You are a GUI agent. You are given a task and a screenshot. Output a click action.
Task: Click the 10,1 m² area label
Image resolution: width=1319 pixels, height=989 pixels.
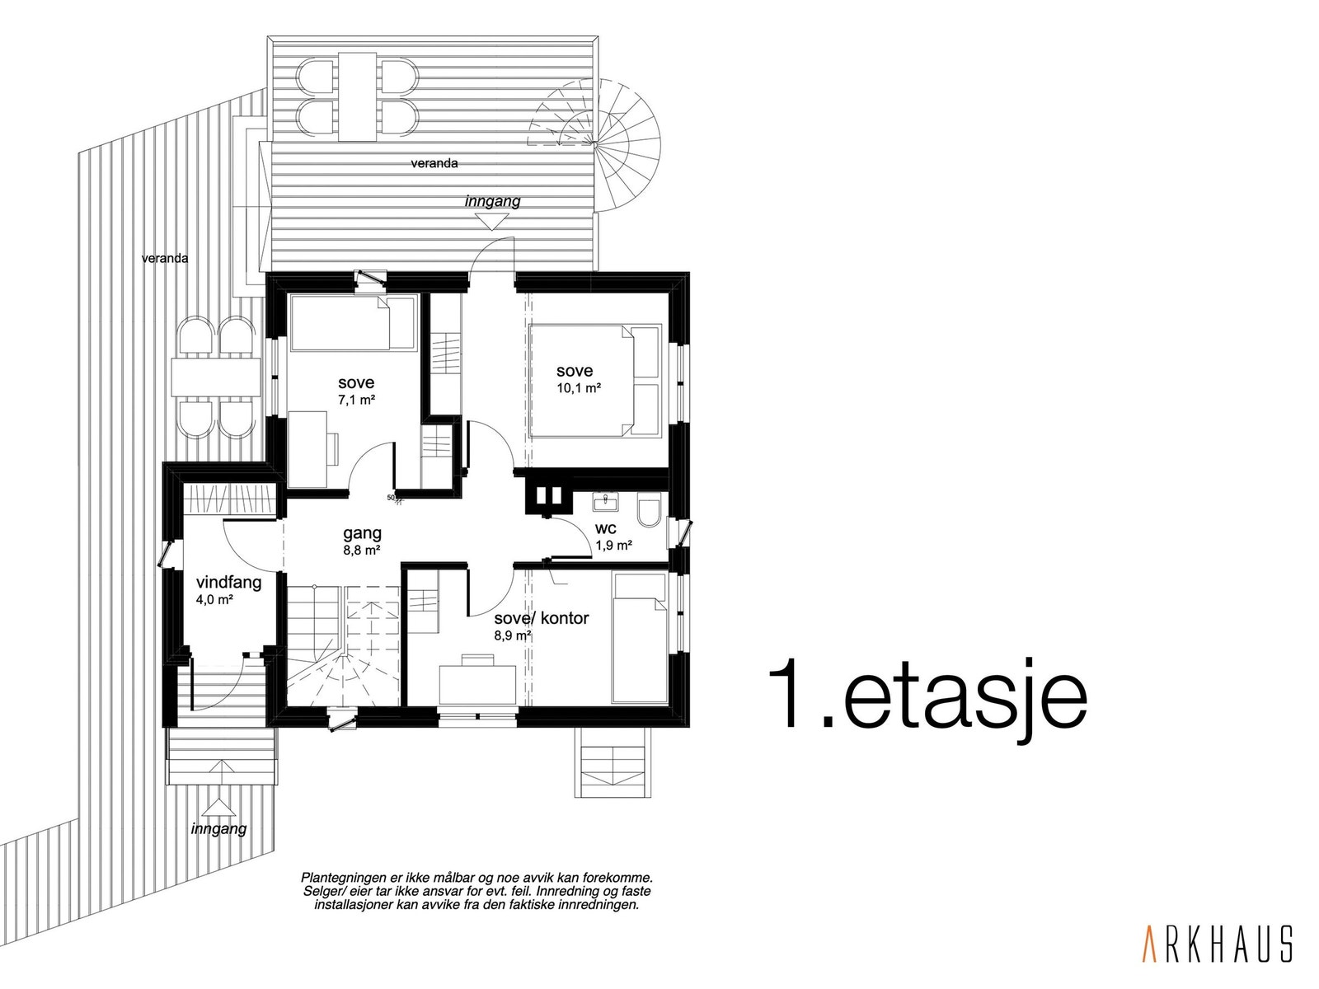578,388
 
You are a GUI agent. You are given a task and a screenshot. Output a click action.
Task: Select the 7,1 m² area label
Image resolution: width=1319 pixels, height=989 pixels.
356,400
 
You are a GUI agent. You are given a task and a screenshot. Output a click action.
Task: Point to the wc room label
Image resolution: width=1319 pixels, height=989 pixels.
606,528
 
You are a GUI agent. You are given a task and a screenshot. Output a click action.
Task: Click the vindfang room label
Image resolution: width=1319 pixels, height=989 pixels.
228,583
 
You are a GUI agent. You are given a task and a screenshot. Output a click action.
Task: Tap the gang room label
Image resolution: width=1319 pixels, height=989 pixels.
363,533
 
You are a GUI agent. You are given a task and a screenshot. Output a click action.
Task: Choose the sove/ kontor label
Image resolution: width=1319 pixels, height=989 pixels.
541,618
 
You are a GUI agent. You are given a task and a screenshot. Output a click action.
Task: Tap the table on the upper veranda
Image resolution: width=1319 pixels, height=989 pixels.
357,95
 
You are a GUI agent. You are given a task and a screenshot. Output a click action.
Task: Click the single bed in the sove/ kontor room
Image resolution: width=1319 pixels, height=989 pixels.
639,639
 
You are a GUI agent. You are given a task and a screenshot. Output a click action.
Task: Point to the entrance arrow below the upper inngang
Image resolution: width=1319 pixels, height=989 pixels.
492,221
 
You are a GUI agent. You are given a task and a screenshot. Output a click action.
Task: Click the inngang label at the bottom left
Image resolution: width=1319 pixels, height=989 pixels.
218,829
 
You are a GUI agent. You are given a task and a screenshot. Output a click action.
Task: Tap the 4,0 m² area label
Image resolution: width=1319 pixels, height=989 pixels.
214,599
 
